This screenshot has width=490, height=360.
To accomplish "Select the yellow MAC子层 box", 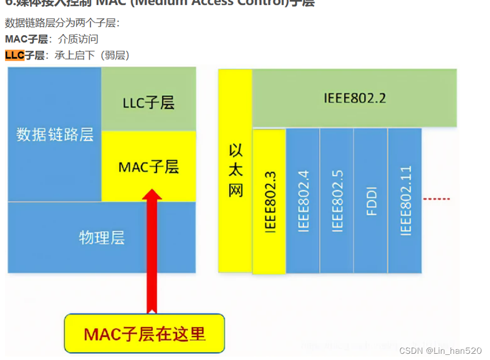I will point(148,167).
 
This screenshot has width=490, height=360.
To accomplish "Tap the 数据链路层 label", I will point(55,134).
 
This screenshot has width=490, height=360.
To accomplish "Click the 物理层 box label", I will point(101,237).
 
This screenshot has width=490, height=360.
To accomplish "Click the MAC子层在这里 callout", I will point(144,333).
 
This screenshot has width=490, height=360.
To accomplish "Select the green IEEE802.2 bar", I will point(355,98).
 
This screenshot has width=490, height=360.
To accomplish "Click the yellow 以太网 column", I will point(235,170).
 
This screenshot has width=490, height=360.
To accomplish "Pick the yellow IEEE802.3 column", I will point(270,201).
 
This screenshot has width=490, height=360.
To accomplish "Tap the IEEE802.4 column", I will point(303,201).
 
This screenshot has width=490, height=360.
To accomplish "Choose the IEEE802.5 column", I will point(337,201).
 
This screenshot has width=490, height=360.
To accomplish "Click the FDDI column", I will point(371,201).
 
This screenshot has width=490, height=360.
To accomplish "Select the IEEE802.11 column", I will point(405,201).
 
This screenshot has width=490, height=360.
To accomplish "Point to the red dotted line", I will point(437,199).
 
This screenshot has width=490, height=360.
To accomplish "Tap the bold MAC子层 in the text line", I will point(26,39).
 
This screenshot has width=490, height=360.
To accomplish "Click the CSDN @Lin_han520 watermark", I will point(440,351).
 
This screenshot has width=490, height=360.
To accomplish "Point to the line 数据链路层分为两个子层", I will point(62,23).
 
